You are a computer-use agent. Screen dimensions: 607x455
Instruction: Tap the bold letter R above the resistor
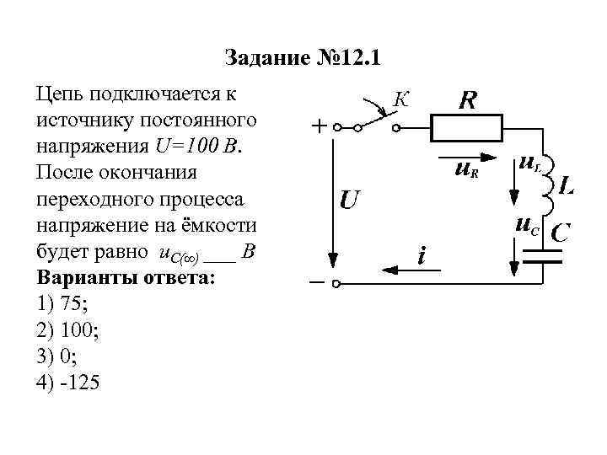click(x=467, y=101)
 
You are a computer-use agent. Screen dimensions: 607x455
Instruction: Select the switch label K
click(x=401, y=99)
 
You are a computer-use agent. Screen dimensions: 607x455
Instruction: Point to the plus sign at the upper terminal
click(x=320, y=129)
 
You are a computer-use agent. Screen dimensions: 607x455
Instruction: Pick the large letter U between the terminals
click(x=351, y=201)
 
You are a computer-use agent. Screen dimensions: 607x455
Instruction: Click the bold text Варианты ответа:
click(x=125, y=278)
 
